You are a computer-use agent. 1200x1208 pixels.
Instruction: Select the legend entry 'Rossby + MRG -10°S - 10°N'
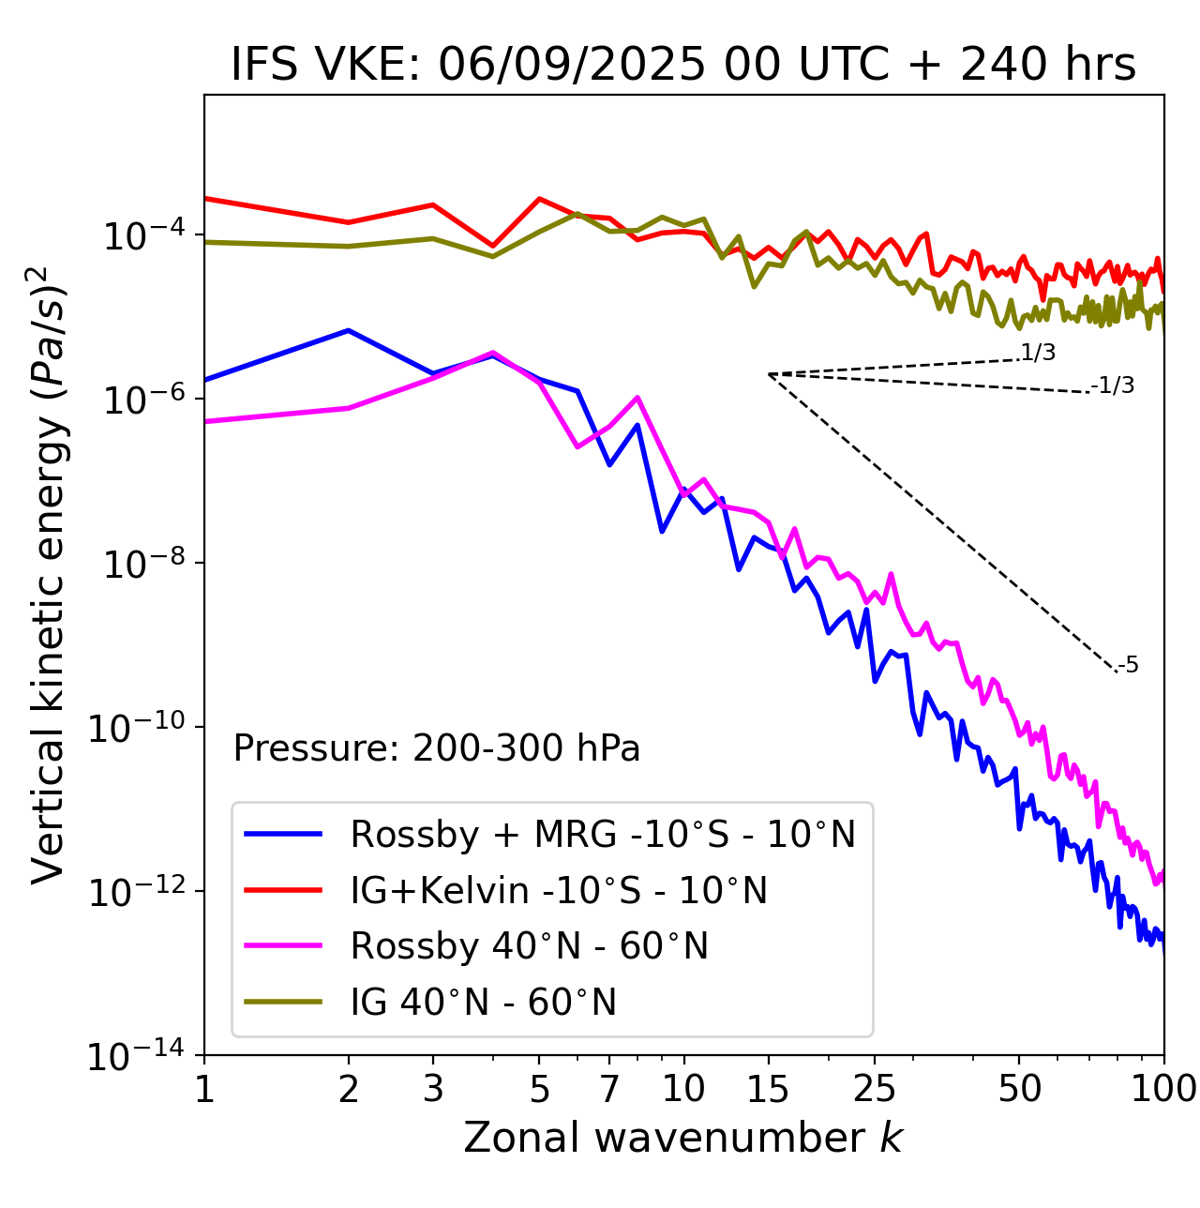click(602, 834)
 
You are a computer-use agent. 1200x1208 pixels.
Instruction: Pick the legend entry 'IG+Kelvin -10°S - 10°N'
click(558, 890)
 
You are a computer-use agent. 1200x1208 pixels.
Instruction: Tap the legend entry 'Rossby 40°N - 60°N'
click(529, 946)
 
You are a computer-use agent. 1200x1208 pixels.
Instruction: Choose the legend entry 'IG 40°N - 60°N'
click(483, 1003)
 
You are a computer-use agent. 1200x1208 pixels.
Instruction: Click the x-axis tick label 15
click(768, 1088)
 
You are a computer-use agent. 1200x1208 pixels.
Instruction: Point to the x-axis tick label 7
click(609, 1088)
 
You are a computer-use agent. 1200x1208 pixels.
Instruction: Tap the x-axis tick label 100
click(1162, 1088)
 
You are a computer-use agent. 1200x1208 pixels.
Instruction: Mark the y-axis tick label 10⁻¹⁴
click(136, 1057)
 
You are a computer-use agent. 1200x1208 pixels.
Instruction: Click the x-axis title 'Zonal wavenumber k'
click(682, 1138)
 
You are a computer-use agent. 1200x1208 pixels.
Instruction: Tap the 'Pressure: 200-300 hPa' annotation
click(436, 748)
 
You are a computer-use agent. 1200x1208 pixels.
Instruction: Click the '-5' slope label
click(1129, 666)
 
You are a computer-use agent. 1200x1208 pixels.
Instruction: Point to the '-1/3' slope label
click(1114, 385)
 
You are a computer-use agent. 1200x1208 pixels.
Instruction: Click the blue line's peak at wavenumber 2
click(349, 330)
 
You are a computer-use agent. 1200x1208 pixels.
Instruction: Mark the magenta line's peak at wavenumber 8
click(637, 398)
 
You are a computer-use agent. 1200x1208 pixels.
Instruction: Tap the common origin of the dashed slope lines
click(769, 374)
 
